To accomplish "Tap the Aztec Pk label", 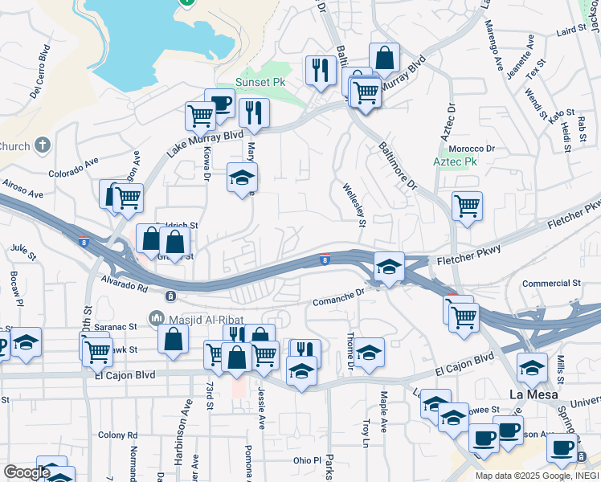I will [456, 161].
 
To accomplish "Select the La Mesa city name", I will [534, 394].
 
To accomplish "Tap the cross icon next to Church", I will [43, 145].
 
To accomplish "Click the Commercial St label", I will [551, 284].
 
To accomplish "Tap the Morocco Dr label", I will [472, 149].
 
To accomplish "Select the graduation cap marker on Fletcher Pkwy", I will [389, 267].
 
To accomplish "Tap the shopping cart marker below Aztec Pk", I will [467, 205].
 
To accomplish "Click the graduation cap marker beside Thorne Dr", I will [369, 353].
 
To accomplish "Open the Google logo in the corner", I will [26, 472].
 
